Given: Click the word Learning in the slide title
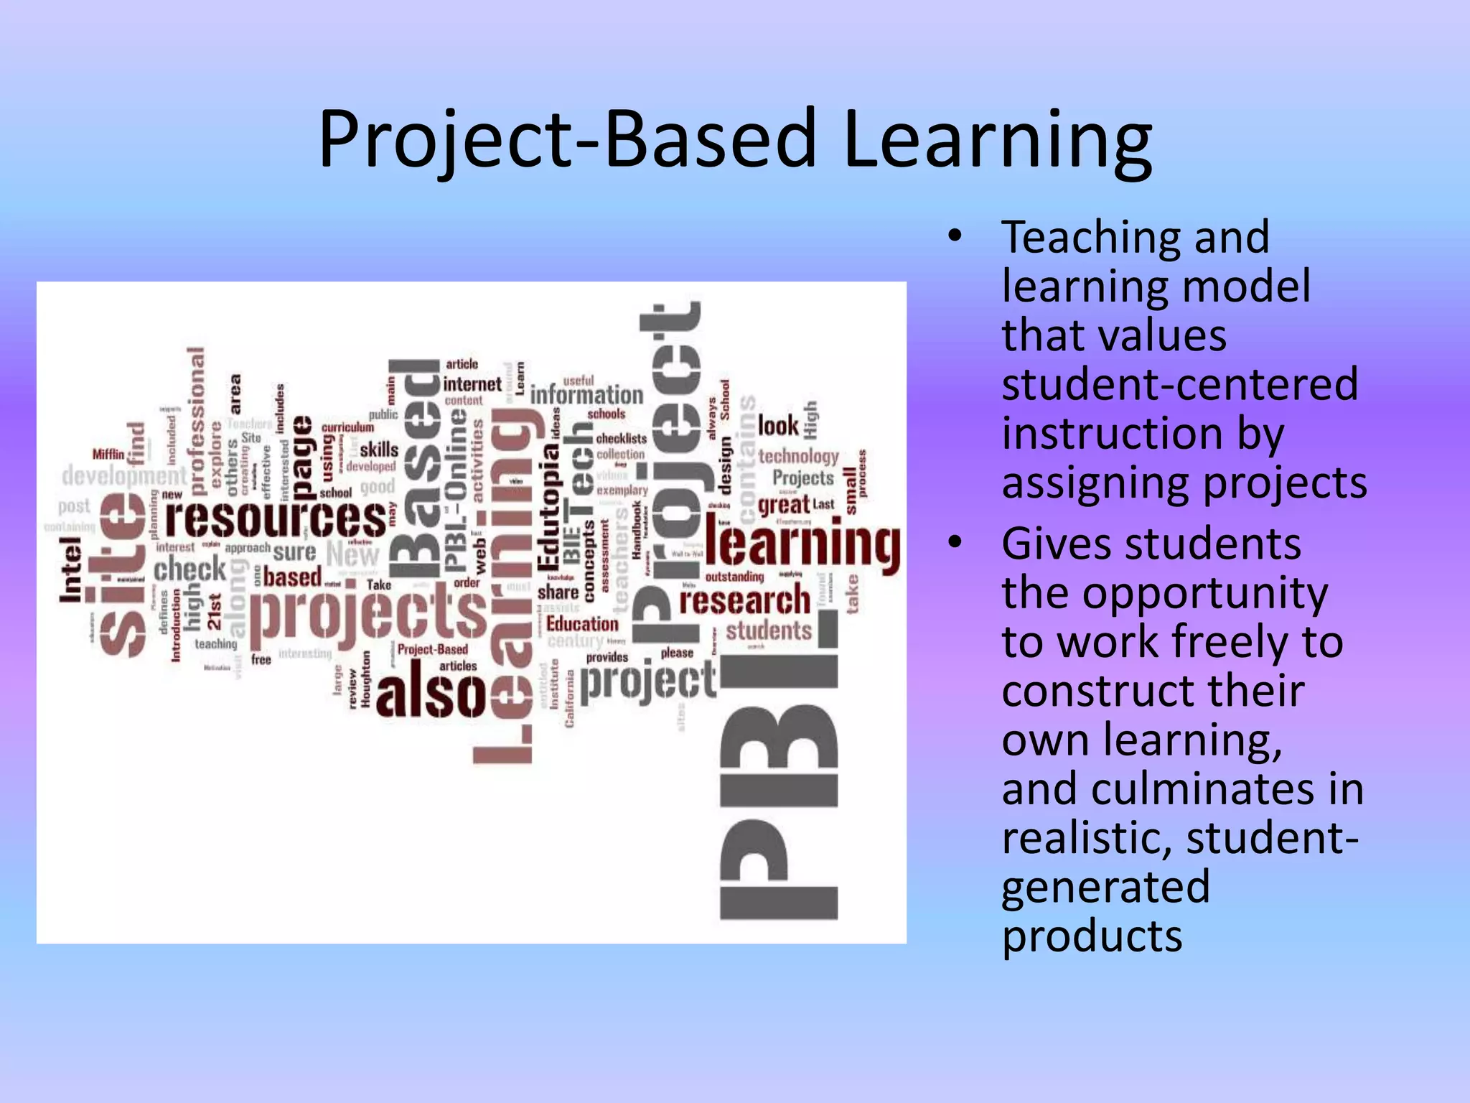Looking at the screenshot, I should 997,141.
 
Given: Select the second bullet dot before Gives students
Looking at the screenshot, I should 953,543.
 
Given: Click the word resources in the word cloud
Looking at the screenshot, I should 276,518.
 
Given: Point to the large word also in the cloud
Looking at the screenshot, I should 431,693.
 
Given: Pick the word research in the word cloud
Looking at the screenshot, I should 744,601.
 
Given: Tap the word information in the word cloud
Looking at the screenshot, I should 586,395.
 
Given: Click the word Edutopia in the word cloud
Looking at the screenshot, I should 549,506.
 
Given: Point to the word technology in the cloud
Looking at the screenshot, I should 798,456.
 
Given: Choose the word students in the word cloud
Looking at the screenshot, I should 768,631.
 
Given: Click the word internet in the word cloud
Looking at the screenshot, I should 472,384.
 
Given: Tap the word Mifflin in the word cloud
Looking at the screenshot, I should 108,455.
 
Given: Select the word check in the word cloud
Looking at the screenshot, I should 189,570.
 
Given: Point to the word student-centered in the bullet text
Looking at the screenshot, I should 1179,384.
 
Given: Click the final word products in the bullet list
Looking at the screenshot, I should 1092,936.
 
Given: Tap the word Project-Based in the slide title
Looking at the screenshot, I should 567,141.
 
